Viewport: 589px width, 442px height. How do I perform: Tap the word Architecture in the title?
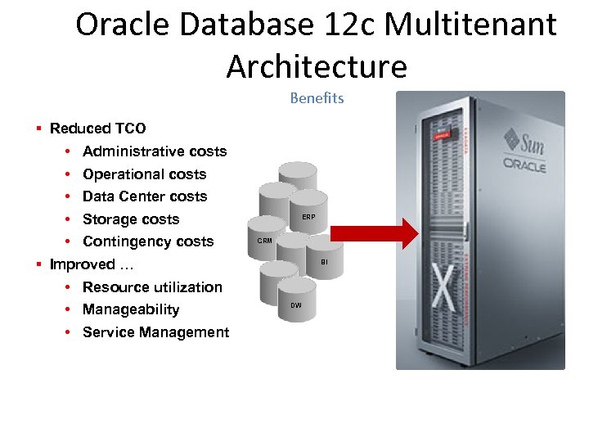tap(317, 66)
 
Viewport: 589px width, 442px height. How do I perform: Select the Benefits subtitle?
tap(317, 98)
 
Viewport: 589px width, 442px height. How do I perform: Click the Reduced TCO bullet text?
tap(98, 129)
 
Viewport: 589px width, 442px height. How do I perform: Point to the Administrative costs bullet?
tap(155, 151)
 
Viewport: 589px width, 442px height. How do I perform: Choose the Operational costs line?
tap(144, 174)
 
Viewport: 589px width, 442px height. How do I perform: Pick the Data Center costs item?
tap(145, 196)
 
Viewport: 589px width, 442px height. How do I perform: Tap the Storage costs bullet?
tap(131, 219)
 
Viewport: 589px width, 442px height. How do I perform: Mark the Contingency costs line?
tap(148, 241)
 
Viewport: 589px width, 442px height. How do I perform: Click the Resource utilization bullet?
tap(152, 287)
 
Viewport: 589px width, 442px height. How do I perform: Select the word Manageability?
tap(131, 309)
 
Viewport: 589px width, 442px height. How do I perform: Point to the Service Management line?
tap(155, 332)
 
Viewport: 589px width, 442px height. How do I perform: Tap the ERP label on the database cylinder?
tap(308, 217)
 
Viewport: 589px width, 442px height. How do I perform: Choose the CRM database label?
tap(264, 241)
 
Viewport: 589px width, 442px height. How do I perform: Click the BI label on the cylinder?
tap(324, 263)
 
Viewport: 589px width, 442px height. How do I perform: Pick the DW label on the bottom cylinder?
tap(295, 305)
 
